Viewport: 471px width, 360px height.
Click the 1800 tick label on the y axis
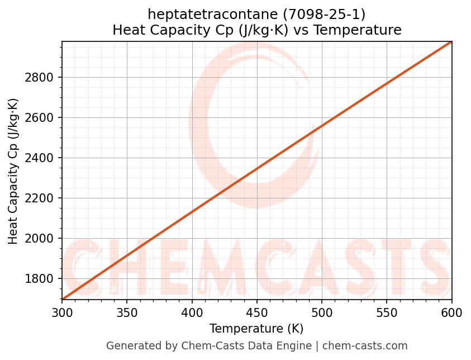[x=40, y=279]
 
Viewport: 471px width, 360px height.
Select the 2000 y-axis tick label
[x=40, y=239]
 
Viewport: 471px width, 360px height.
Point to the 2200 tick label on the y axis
[x=40, y=198]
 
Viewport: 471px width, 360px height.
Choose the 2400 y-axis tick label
[x=40, y=158]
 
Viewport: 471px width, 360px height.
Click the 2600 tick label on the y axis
[x=40, y=118]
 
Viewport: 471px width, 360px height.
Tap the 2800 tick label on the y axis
[x=40, y=78]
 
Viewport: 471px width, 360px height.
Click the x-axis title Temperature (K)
[x=256, y=329]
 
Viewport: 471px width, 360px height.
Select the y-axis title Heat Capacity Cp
[x=13, y=171]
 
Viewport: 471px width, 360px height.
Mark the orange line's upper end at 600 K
[x=451, y=42]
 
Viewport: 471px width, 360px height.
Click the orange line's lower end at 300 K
[x=63, y=299]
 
